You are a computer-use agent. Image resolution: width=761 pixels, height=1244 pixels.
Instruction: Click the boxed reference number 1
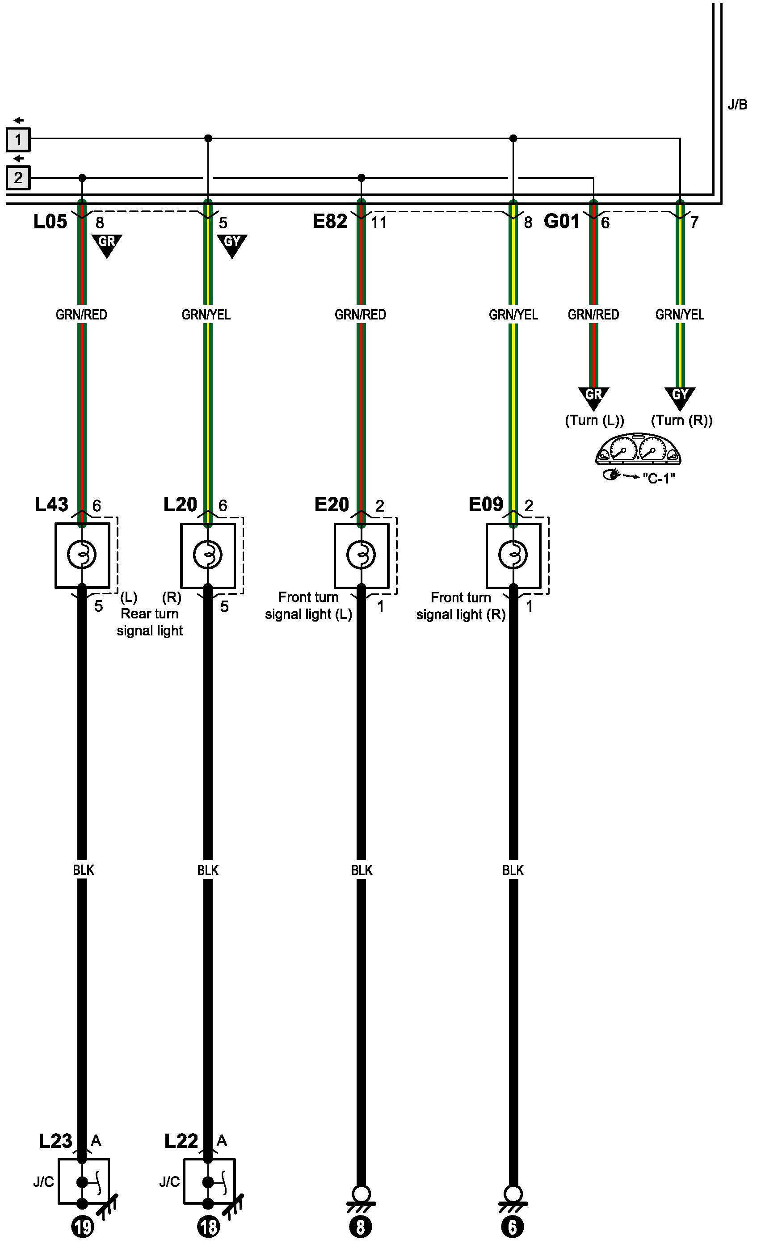click(x=18, y=140)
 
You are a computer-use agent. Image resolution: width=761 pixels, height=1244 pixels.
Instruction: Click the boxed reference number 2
click(x=18, y=178)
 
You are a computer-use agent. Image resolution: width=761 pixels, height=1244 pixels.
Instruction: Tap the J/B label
click(x=737, y=105)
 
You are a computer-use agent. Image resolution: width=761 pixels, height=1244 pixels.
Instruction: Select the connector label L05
click(x=50, y=222)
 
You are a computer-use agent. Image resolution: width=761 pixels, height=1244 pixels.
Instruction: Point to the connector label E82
click(x=330, y=222)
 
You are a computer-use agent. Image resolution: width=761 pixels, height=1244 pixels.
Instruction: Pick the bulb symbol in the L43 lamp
click(x=82, y=555)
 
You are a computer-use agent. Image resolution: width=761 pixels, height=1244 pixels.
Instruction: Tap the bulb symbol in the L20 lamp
click(x=207, y=555)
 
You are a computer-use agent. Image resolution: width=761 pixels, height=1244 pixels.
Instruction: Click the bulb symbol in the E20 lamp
click(x=361, y=555)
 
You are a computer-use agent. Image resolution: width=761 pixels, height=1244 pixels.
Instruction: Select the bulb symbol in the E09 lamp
click(x=513, y=555)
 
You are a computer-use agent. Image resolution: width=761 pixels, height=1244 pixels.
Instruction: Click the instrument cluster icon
click(x=638, y=450)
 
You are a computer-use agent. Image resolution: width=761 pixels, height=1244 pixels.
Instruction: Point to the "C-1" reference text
click(x=659, y=478)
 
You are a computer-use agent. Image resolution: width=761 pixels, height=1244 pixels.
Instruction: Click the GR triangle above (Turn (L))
click(x=593, y=396)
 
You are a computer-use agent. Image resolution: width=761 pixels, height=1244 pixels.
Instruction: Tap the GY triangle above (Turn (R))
click(x=680, y=396)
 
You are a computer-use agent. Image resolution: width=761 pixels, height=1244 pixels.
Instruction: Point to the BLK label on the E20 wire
click(x=362, y=870)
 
